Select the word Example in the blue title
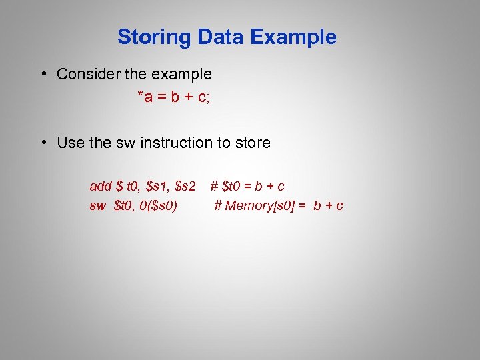pyautogui.click(x=293, y=37)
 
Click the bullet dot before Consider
pyautogui.click(x=43, y=74)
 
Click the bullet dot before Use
pyautogui.click(x=43, y=143)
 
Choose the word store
pyautogui.click(x=253, y=143)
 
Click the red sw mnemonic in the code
pyautogui.click(x=97, y=205)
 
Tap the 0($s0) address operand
pyautogui.click(x=158, y=205)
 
